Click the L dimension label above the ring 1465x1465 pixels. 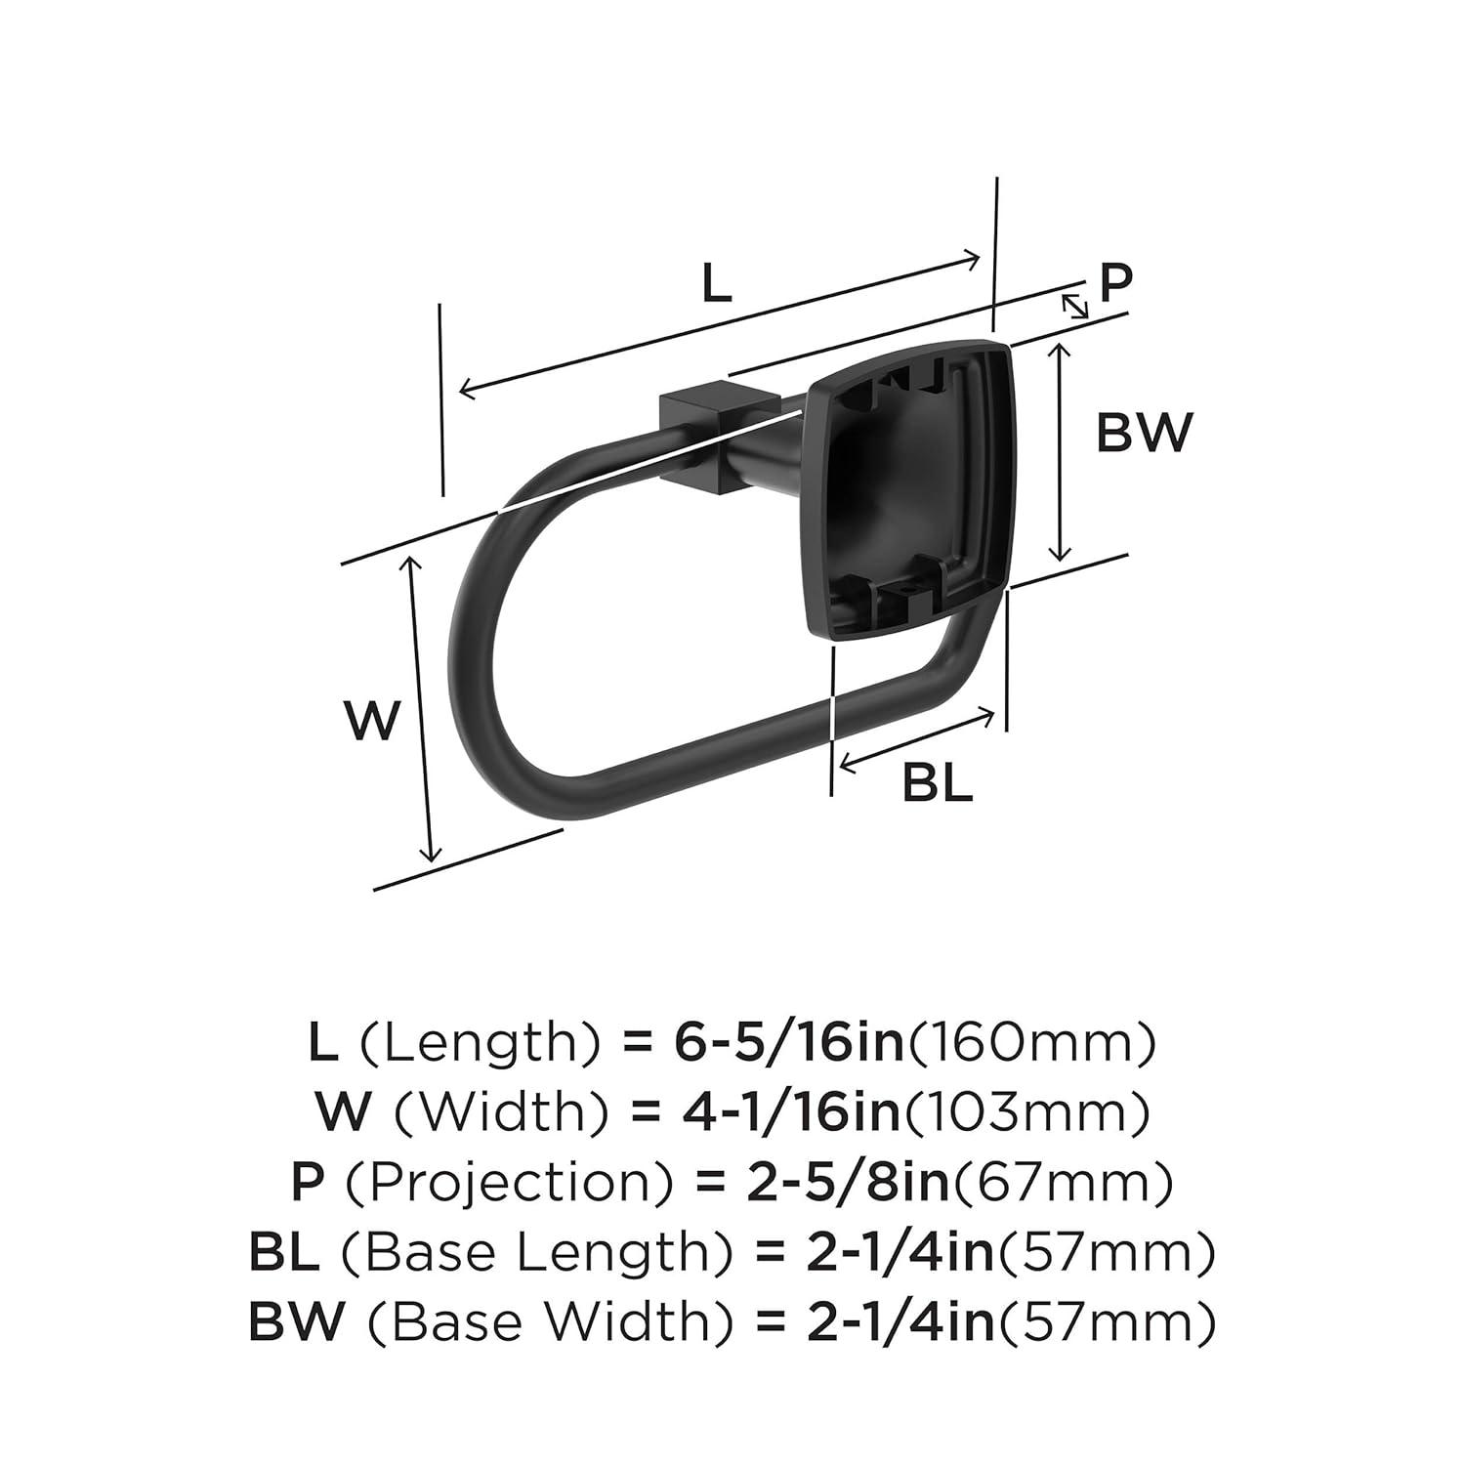(x=716, y=283)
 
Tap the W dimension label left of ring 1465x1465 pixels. (x=373, y=721)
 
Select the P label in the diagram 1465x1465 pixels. (x=1115, y=282)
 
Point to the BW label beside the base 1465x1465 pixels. (x=1145, y=432)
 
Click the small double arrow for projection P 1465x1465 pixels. (x=1075, y=306)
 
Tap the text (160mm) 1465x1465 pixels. (x=1032, y=1043)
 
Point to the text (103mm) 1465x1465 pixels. (x=1025, y=1112)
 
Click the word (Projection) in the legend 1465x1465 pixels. (x=508, y=1183)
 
